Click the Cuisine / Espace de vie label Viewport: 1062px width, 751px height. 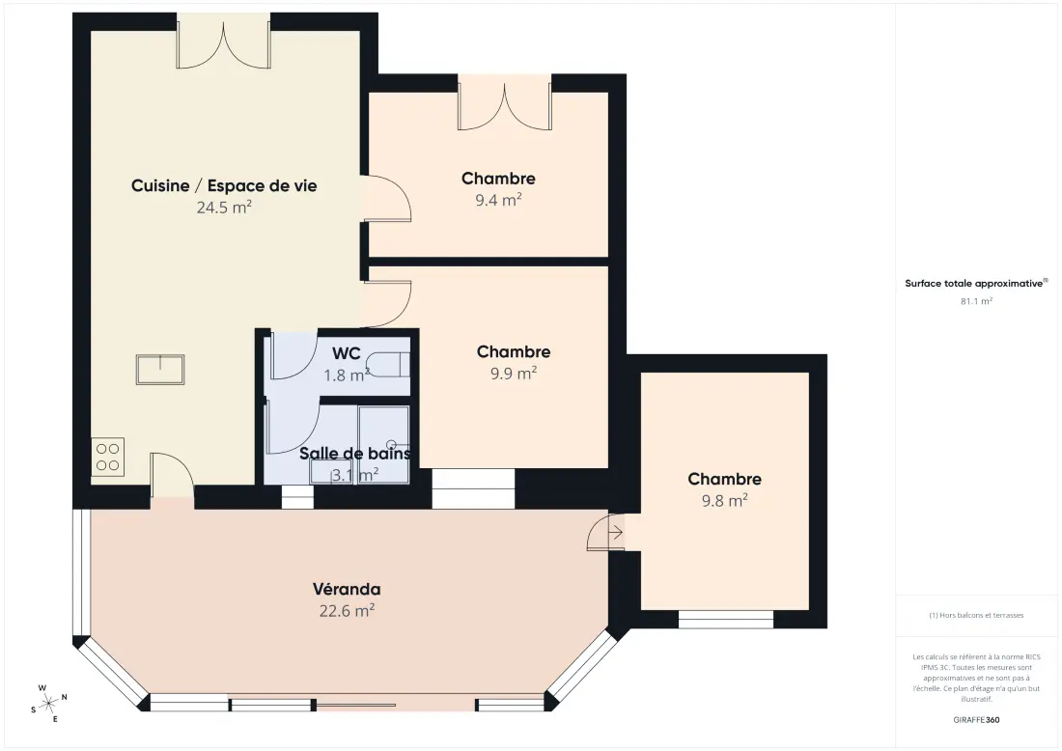coord(224,185)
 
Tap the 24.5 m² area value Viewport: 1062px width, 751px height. coord(224,208)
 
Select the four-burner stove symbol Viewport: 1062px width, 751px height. coord(108,458)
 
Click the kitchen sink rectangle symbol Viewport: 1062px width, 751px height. coord(160,369)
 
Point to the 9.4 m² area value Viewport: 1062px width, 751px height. coord(498,200)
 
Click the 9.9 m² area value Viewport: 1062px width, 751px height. coord(514,374)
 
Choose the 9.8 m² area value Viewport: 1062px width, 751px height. coord(724,500)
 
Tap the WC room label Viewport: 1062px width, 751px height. coord(346,353)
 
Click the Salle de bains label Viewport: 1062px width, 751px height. coord(355,453)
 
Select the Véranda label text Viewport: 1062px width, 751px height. coord(346,589)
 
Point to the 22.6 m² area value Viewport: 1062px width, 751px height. coord(347,611)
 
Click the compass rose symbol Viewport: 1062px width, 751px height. coord(49,705)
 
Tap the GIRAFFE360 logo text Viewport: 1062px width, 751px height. coord(976,720)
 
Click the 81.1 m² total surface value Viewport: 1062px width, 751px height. coord(976,301)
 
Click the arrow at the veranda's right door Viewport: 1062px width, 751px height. coord(616,533)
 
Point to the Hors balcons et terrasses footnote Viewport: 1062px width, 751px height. coord(976,615)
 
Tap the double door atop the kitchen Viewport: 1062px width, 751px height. coord(224,42)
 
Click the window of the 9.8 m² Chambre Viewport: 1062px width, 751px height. coord(725,619)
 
